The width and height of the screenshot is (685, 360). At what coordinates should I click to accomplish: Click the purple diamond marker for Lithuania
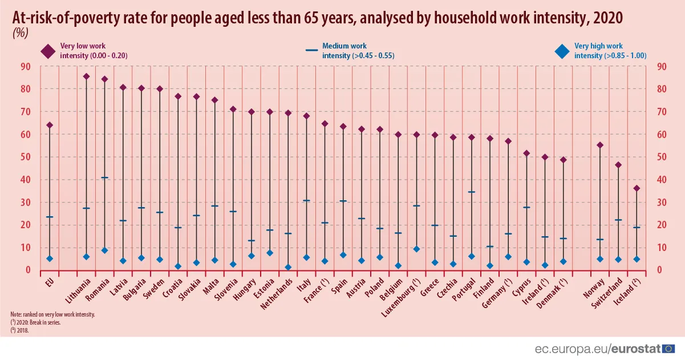[x=86, y=76]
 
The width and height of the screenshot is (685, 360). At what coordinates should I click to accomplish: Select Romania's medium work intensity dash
[x=104, y=178]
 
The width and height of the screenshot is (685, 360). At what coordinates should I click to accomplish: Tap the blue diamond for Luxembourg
[x=416, y=249]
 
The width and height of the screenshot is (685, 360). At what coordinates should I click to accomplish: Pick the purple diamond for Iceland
[x=637, y=188]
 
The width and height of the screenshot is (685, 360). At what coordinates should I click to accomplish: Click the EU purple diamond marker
[x=50, y=125]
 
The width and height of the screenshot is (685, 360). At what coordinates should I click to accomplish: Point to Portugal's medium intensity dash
[x=472, y=192]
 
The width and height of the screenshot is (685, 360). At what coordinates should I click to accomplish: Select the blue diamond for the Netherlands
[x=288, y=267]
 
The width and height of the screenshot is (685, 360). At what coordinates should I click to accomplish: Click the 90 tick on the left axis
[x=25, y=66]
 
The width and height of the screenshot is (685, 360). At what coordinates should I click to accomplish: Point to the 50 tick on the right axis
[x=662, y=157]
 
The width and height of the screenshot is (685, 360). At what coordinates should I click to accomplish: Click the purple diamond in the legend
[x=47, y=51]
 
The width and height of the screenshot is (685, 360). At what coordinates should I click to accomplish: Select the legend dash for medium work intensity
[x=311, y=50]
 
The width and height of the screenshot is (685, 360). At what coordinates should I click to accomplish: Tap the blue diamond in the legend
[x=562, y=51]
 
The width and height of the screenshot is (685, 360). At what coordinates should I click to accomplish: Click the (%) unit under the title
[x=20, y=33]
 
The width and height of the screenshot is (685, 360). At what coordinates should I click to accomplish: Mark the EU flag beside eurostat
[x=670, y=348]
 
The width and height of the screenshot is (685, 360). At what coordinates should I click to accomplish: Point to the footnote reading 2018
[x=18, y=329]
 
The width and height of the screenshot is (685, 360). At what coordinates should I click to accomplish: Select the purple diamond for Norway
[x=600, y=145]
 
